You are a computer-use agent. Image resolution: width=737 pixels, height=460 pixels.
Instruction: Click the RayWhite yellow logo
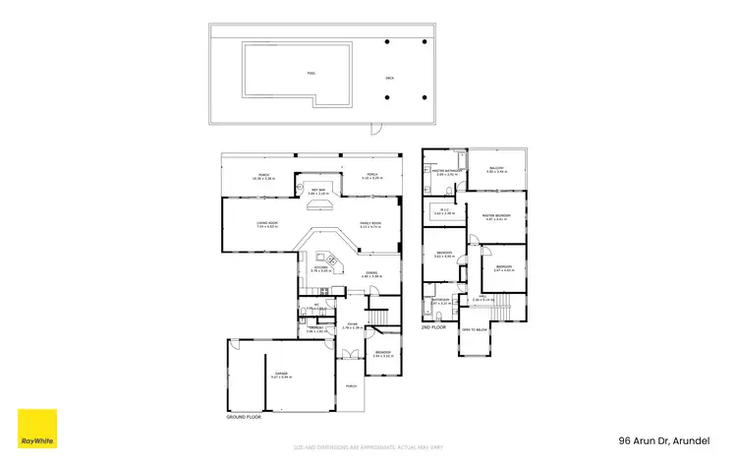37,429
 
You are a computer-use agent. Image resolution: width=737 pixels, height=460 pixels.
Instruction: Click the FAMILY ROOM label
369,224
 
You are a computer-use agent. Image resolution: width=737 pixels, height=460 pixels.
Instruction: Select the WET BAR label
315,191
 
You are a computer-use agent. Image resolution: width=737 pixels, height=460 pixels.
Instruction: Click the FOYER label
351,325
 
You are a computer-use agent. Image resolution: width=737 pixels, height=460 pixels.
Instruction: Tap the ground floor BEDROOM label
382,353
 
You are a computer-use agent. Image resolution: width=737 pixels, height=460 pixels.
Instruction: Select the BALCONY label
496,169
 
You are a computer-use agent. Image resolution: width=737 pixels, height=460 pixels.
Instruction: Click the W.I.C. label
444,210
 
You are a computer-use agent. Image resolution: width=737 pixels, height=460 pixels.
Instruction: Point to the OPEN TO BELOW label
474,329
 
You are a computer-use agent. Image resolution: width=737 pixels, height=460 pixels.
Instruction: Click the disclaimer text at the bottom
368,447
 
